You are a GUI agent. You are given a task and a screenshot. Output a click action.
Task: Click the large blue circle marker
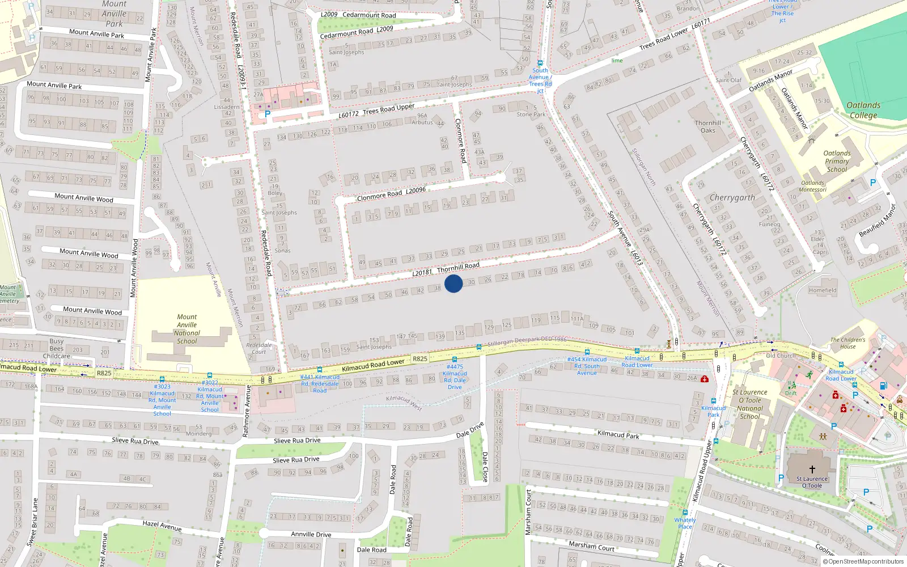point(453,283)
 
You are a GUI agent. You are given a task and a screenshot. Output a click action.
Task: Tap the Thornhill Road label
point(458,267)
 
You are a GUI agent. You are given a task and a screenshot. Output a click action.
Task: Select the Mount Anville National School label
point(187,329)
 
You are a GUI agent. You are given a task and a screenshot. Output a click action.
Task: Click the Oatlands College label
point(863,110)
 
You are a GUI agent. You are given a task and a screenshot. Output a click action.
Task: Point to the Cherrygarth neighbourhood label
point(732,198)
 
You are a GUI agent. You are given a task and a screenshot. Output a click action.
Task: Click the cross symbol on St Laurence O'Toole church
point(812,469)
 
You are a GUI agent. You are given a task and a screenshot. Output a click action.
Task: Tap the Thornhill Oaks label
point(708,126)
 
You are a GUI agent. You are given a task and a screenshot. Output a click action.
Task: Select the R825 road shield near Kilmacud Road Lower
point(419,359)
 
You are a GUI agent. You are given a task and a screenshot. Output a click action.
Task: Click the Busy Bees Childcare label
point(57,349)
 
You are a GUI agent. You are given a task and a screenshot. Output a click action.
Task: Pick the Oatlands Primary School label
point(837,161)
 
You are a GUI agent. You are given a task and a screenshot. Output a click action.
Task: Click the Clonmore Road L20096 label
point(391,193)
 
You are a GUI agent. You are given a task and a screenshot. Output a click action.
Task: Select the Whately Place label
point(685,523)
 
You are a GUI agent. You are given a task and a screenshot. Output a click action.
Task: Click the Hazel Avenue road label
point(162,526)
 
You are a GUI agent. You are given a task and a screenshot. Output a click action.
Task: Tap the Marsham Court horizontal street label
point(591,546)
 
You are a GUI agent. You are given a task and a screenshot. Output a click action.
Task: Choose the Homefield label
point(823,290)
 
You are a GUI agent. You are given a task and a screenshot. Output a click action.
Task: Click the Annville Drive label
point(311,534)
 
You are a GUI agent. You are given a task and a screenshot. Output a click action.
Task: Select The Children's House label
point(848,343)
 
